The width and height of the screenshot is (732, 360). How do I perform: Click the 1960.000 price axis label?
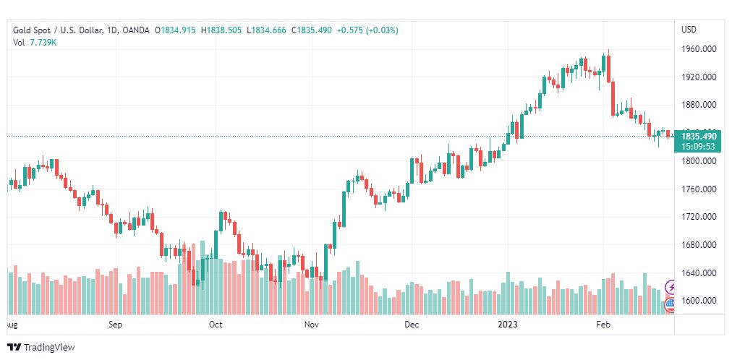coord(699,49)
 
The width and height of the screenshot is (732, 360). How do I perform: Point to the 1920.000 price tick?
coord(699,77)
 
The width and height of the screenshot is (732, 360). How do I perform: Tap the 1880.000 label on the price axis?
coord(699,105)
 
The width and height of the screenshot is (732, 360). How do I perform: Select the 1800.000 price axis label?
coord(699,161)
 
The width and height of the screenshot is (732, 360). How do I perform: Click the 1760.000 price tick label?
coord(699,189)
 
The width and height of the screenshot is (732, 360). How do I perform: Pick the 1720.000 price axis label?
coord(699,217)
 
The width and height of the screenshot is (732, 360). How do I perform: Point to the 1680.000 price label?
coord(699,245)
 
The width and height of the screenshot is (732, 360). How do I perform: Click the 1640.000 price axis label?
coord(699,273)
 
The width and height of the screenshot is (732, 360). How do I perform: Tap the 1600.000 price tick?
coord(699,301)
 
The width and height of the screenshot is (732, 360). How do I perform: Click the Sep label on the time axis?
coord(116,325)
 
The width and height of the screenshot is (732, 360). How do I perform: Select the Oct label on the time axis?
coord(216,325)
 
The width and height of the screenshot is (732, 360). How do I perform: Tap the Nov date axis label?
coord(312,325)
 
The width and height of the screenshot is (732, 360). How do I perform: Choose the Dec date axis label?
coord(412,325)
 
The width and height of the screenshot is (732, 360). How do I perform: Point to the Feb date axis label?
coord(603,325)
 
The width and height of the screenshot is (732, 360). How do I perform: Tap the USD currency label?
coord(689,30)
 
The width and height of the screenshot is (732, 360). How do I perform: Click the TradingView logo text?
coord(49,348)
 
